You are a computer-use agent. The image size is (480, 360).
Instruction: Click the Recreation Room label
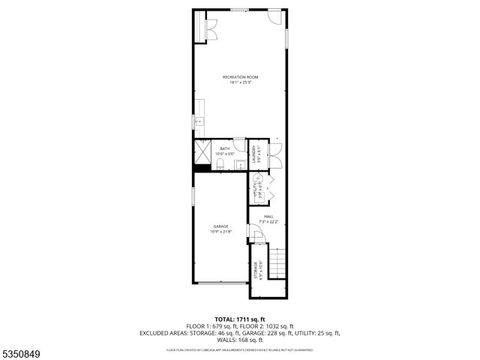coord(240,77)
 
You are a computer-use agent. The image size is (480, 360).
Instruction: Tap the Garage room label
coord(220,226)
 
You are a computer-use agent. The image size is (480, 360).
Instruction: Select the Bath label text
coord(225,149)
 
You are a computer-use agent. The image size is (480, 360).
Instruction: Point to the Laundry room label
coord(255,155)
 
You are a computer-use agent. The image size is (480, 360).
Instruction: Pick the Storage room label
coord(256,268)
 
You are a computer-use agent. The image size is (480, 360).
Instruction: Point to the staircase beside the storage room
coord(277,263)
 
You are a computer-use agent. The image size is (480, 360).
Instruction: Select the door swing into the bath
coord(238,146)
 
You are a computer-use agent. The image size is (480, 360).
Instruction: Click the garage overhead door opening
coord(220,283)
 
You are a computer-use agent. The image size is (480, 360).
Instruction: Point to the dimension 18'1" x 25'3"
coord(240,82)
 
